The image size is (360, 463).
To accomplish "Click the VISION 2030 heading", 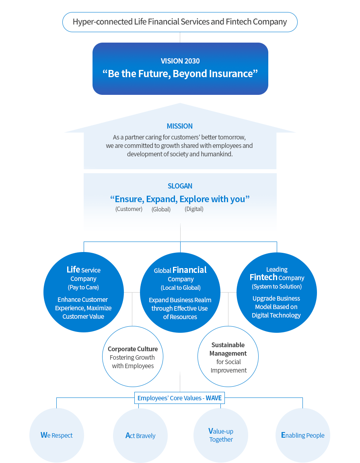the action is point(180,61).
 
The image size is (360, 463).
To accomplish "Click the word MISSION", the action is point(180,126).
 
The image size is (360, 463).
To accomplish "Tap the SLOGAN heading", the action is point(180,186).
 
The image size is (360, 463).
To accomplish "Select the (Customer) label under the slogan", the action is point(129,209).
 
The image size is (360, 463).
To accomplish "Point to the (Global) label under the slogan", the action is point(161,209).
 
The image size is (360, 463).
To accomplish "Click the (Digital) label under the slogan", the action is point(194,209).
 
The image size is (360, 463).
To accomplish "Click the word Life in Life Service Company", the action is point(73,269).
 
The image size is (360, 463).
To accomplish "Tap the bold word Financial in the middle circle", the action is point(189,270).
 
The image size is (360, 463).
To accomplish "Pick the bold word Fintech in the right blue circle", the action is point(263,277).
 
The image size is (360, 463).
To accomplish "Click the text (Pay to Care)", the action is point(83,287).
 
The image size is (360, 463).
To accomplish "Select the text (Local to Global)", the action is point(181,288).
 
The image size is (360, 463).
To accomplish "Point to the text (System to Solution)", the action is point(277,287).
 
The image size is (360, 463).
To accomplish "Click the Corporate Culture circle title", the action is point(133,349).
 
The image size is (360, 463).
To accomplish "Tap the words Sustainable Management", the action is point(228,349).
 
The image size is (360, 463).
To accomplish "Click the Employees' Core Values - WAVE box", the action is point(179,398).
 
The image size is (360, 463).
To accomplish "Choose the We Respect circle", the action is point(57,435).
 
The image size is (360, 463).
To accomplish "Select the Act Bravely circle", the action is point(140,436).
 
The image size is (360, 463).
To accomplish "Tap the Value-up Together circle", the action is point(221,435).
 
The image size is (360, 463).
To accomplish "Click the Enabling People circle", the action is point(302,435).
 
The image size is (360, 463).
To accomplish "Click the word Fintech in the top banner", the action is point(239,22).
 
